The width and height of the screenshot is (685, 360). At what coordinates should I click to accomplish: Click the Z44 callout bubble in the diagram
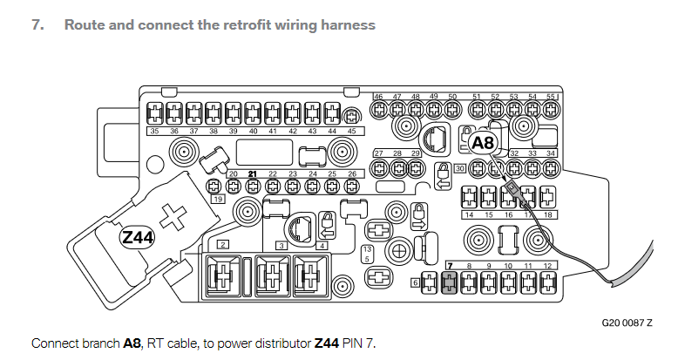pyautogui.click(x=137, y=237)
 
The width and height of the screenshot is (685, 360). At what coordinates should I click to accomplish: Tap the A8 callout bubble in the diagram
pyautogui.click(x=483, y=143)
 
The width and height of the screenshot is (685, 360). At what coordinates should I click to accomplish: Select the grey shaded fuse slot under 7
pyautogui.click(x=449, y=282)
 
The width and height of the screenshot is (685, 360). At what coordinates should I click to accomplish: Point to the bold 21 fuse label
pyautogui.click(x=252, y=173)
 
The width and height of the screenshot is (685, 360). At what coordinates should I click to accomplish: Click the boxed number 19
pyautogui.click(x=218, y=200)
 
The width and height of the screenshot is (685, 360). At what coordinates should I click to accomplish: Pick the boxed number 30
pyautogui.click(x=459, y=168)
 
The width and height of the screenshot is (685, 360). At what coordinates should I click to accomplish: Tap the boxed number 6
pyautogui.click(x=416, y=282)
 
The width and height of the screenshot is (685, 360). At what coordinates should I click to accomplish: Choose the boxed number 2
pyautogui.click(x=223, y=245)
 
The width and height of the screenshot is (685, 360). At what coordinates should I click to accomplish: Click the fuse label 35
pyautogui.click(x=154, y=131)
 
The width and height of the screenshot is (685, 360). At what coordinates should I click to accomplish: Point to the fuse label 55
pyautogui.click(x=551, y=97)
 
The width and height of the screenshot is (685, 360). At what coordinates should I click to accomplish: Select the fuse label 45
pyautogui.click(x=352, y=131)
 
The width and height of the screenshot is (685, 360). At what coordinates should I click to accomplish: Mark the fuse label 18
pyautogui.click(x=548, y=215)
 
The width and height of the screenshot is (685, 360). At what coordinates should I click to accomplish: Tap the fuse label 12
pyautogui.click(x=547, y=266)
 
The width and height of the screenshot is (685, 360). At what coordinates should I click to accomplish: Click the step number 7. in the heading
pyautogui.click(x=38, y=25)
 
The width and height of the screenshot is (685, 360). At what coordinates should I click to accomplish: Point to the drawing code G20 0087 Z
pyautogui.click(x=627, y=323)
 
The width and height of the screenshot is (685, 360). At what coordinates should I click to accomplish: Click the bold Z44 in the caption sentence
pyautogui.click(x=326, y=343)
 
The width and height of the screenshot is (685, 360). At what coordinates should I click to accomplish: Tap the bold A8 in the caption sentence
pyautogui.click(x=132, y=343)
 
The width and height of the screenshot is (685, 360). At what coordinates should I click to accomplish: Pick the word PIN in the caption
pyautogui.click(x=352, y=343)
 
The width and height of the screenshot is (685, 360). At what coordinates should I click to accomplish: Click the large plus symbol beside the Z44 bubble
pyautogui.click(x=173, y=217)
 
